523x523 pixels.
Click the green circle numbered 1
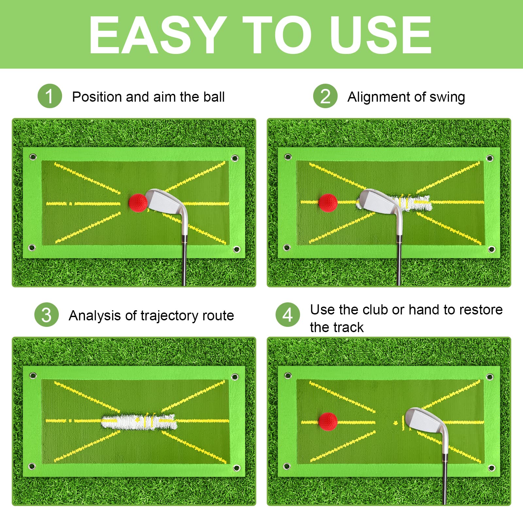(50, 96)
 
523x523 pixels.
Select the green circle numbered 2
(325, 96)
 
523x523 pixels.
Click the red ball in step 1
(138, 203)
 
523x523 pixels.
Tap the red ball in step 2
(328, 203)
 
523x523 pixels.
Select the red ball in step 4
(328, 422)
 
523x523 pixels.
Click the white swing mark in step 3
(139, 421)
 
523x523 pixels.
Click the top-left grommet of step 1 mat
(33, 157)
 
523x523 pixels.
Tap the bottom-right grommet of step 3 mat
(237, 468)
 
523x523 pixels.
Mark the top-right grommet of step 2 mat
(490, 159)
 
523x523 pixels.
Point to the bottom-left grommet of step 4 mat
(287, 466)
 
